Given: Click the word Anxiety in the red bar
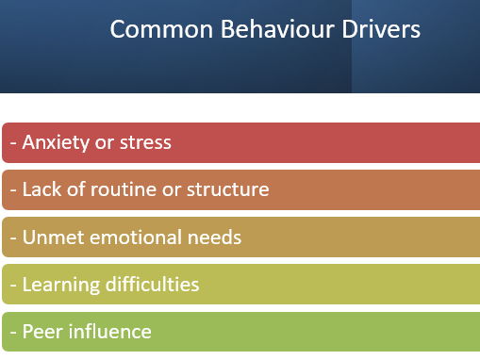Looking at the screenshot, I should pos(55,142).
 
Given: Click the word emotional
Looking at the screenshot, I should pos(132,237).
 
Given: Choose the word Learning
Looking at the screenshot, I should pos(58,284).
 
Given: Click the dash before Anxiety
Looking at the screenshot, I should pos(13,143).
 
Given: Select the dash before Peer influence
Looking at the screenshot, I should pos(13,332).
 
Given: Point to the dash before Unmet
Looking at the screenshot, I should pos(13,237).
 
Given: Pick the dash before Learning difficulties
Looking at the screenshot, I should pos(13,285).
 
